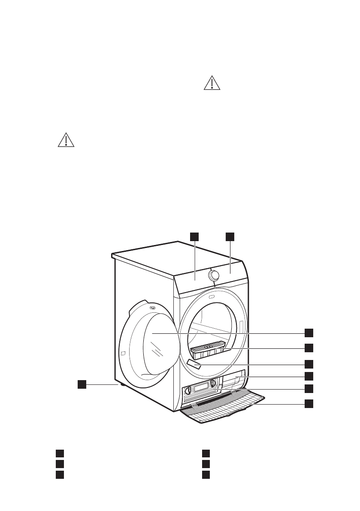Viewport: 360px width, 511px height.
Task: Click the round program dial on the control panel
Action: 213,275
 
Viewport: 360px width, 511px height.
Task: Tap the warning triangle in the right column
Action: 211,83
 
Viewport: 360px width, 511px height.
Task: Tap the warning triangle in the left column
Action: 66,140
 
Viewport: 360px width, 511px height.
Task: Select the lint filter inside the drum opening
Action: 208,349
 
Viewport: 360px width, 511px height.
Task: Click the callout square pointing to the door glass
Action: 309,333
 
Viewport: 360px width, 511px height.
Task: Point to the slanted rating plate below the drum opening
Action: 194,365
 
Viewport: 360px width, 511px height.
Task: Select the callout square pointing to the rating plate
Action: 309,364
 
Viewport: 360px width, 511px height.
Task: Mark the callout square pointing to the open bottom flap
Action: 309,403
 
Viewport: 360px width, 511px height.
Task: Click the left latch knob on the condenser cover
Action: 188,390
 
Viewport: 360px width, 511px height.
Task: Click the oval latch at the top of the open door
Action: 152,307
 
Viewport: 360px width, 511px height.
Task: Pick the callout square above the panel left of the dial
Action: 195,236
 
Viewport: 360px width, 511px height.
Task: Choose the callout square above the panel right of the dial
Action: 230,236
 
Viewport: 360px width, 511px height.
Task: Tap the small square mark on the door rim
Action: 123,354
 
